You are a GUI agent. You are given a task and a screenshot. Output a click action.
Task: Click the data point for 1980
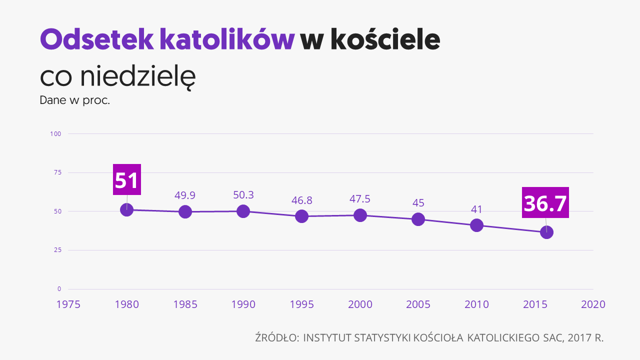pyautogui.click(x=127, y=209)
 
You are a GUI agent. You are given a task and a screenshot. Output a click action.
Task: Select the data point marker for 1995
pyautogui.click(x=301, y=216)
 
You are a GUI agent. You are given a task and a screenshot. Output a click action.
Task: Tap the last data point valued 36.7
pyautogui.click(x=546, y=232)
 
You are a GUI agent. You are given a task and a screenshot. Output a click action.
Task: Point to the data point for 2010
pyautogui.click(x=476, y=225)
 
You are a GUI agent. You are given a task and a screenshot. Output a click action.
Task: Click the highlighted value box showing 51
pyautogui.click(x=127, y=179)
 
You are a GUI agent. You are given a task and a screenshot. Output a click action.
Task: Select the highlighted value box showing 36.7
pyautogui.click(x=545, y=202)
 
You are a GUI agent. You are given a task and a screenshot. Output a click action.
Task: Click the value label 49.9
pyautogui.click(x=185, y=195)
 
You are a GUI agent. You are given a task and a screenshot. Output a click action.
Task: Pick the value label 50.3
pyautogui.click(x=243, y=195)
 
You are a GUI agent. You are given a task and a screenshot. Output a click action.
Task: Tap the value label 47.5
pyautogui.click(x=360, y=199)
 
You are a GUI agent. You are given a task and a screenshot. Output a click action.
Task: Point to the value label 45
pyautogui.click(x=418, y=203)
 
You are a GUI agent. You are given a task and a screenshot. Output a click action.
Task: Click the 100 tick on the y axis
pyautogui.click(x=55, y=133)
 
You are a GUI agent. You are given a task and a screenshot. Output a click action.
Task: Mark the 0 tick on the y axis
pyautogui.click(x=59, y=289)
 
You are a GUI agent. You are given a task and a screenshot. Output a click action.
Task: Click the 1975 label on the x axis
pyautogui.click(x=68, y=304)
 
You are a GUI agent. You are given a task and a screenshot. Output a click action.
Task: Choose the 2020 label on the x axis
pyautogui.click(x=593, y=304)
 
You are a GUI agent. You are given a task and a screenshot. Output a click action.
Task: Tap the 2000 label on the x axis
pyautogui.click(x=360, y=304)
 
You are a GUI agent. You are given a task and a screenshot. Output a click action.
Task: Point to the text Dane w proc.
pyautogui.click(x=74, y=100)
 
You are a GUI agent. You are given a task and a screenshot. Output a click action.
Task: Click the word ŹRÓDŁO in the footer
pyautogui.click(x=276, y=337)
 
